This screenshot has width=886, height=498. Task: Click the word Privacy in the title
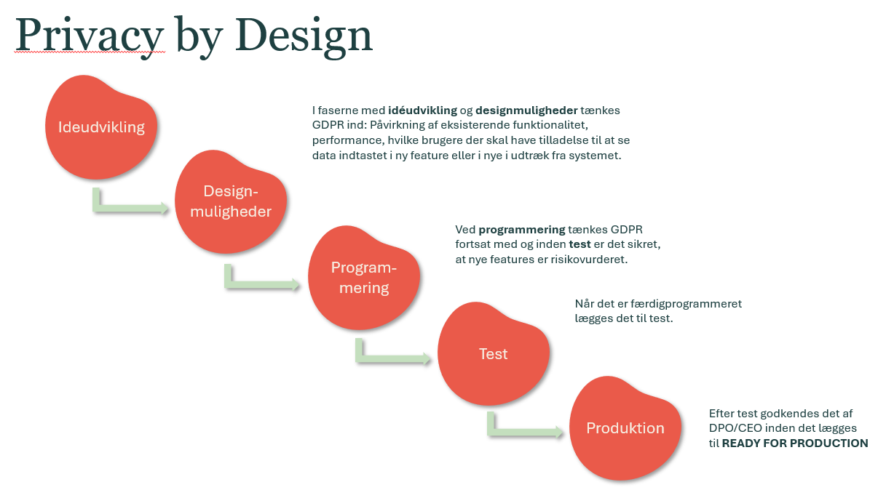tap(90, 36)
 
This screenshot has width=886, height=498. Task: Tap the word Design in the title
tap(304, 36)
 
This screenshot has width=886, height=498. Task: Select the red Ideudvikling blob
tap(101, 126)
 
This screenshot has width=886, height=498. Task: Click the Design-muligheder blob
tap(231, 201)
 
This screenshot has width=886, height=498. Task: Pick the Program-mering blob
tap(364, 277)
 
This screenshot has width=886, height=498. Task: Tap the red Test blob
tap(493, 353)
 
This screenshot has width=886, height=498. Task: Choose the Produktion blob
tap(625, 428)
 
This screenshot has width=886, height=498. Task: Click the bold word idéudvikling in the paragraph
tap(422, 111)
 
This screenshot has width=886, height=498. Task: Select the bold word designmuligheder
tap(526, 111)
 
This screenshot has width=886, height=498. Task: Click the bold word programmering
tap(522, 230)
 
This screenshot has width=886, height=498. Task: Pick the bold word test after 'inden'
tap(580, 244)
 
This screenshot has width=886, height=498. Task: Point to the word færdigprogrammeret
tap(686, 304)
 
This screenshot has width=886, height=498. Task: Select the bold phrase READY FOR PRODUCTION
tap(795, 443)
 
